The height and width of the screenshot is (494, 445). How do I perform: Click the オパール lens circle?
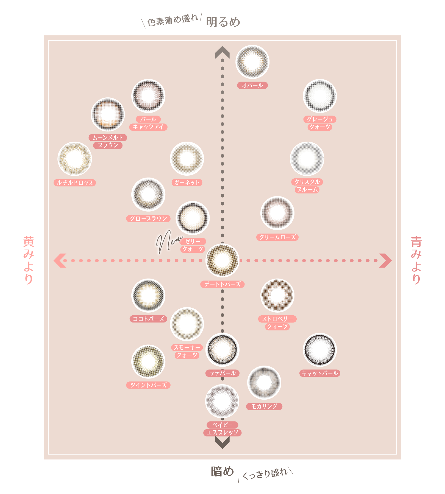point(252,62)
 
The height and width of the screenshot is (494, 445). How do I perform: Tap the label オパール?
point(252,85)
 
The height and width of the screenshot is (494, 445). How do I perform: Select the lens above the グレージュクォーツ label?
point(320,96)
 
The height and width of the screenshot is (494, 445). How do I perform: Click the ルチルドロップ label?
point(75,183)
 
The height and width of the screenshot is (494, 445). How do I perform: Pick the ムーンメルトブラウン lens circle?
point(108,114)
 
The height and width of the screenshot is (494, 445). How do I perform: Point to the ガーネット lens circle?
point(187,159)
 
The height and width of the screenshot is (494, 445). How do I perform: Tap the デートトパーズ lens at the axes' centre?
point(222,260)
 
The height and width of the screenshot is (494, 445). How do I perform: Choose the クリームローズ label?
point(277,237)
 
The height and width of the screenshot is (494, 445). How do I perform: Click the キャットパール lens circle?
point(320,350)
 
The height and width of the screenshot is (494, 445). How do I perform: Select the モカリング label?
point(264,406)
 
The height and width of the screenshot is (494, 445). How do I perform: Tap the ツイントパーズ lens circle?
point(148,361)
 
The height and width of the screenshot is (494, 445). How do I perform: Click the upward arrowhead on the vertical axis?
point(222,52)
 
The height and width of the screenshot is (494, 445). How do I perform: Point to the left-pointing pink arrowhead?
point(60,260)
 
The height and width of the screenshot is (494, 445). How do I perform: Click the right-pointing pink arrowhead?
point(385,260)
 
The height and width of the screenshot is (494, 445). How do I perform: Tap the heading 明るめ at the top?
point(223,22)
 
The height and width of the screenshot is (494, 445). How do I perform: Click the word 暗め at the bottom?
point(222,471)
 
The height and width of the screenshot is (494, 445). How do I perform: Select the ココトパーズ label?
point(148,319)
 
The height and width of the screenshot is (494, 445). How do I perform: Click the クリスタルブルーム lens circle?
point(307,159)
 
